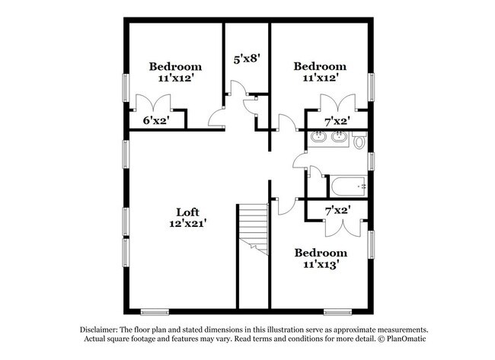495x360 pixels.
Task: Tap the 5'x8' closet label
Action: pyautogui.click(x=247, y=56)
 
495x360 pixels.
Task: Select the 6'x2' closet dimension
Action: pyautogui.click(x=155, y=119)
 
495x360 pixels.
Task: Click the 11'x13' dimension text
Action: pyautogui.click(x=321, y=265)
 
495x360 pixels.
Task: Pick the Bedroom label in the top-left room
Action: pyautogui.click(x=175, y=66)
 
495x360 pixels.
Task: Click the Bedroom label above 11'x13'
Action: pyautogui.click(x=321, y=253)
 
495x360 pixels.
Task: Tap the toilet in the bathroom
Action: pyautogui.click(x=359, y=140)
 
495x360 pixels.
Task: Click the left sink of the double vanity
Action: pyautogui.click(x=319, y=138)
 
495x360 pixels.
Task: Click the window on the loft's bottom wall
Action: pyautogui.click(x=154, y=311)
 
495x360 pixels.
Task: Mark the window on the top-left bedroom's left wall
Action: pyautogui.click(x=126, y=84)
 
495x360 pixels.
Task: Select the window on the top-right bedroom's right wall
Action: pyautogui.click(x=371, y=86)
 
